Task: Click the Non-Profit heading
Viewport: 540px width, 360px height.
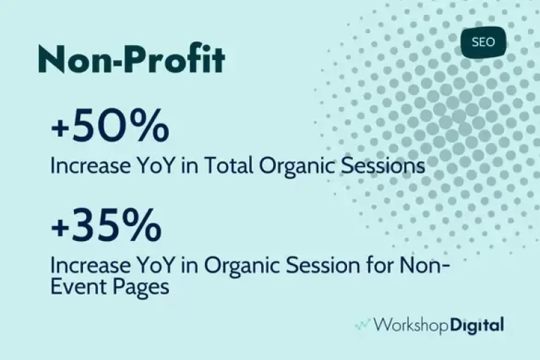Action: coord(132,59)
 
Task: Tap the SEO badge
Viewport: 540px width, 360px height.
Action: coord(483,42)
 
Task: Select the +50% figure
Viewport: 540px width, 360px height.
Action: coord(110,125)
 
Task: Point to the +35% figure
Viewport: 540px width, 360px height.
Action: coord(106,225)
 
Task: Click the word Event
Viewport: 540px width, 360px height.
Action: coord(78,287)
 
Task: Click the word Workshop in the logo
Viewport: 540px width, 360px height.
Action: coord(410,325)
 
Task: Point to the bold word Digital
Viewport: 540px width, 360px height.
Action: coord(477,325)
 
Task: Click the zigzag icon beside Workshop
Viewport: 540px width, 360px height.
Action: coord(363,325)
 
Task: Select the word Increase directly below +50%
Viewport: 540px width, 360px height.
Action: coord(91,166)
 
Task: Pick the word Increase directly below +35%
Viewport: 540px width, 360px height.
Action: coord(91,266)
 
